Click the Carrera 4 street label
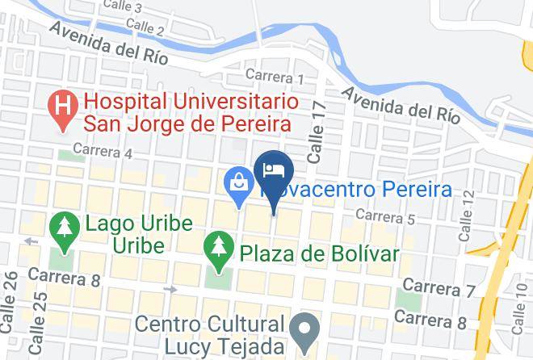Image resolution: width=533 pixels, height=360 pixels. [x=102, y=150]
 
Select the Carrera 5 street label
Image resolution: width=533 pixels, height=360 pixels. [x=384, y=216]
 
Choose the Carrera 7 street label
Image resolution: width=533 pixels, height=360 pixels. [x=438, y=287]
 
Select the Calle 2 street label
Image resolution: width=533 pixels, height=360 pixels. [x=145, y=31]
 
